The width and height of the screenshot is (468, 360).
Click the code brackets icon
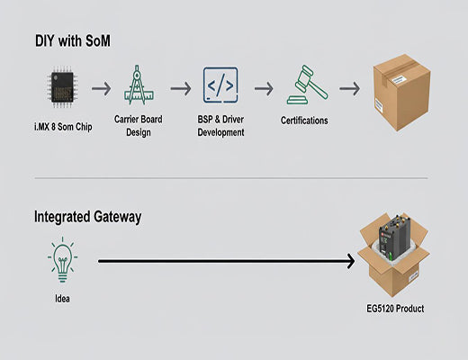(x=220, y=86)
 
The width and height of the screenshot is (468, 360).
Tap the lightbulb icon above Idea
(x=60, y=260)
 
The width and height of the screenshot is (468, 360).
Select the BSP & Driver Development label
(x=220, y=125)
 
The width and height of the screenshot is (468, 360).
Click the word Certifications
(x=305, y=120)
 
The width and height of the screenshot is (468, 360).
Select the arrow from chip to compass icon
(x=101, y=88)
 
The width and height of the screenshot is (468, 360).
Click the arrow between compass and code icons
(x=181, y=88)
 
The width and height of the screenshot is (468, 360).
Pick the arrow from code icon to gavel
(x=263, y=88)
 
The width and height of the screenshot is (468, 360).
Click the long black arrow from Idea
(x=225, y=262)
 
